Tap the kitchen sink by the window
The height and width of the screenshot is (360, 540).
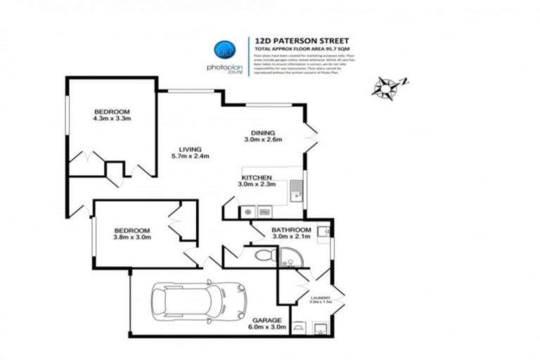point(297,188)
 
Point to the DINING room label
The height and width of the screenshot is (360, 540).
point(262,132)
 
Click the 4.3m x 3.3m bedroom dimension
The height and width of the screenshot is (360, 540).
point(113,118)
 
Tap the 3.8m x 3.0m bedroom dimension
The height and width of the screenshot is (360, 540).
point(132,237)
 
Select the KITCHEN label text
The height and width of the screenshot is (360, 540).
point(256,177)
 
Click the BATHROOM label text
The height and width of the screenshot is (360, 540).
point(292,230)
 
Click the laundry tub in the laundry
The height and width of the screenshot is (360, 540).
point(319,328)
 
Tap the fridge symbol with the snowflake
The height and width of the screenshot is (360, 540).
point(247,211)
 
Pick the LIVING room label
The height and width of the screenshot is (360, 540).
point(190,149)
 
